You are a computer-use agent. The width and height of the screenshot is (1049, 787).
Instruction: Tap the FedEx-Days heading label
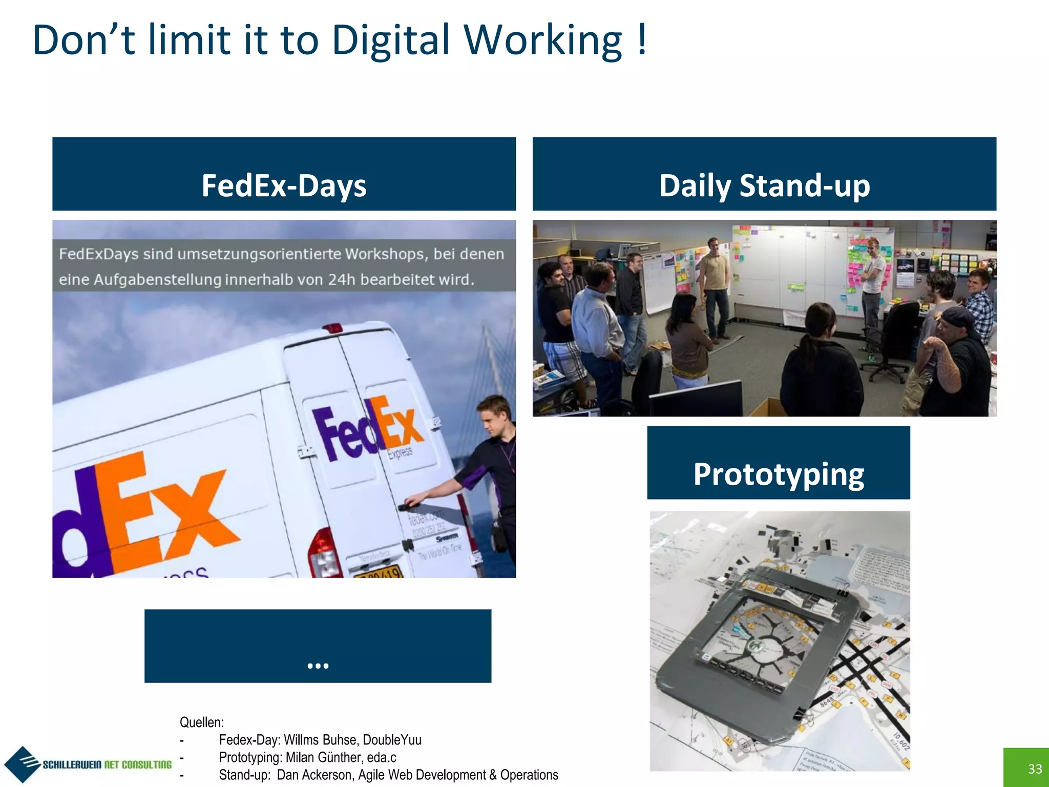pos(284,185)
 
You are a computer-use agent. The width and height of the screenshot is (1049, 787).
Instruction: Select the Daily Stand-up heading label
pos(764,185)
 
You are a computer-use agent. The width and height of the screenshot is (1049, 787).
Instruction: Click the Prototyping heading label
pos(779,473)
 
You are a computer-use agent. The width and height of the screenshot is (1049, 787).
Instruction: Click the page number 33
pos(1035,769)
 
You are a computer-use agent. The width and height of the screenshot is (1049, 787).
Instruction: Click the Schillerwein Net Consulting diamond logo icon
pos(22,764)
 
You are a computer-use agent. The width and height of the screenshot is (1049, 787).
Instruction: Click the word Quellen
pos(201,722)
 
